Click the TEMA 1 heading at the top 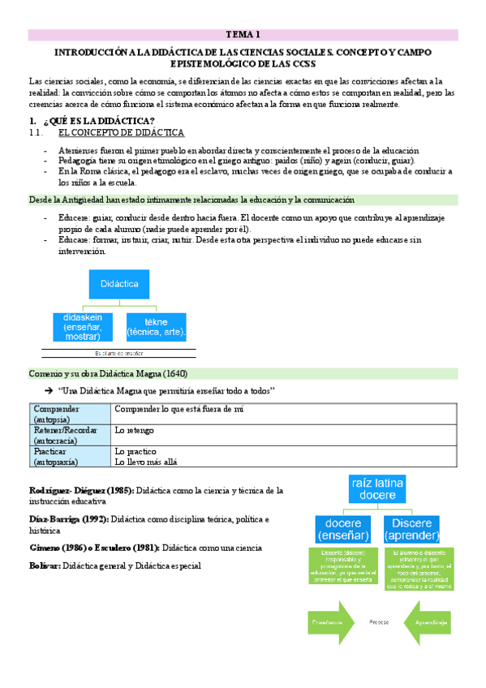tap(243, 35)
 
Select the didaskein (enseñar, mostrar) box tap(83, 326)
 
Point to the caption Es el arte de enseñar tap(119, 353)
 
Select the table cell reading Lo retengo tap(135, 430)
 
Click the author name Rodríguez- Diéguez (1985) tap(81, 491)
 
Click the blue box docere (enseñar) tap(342, 530)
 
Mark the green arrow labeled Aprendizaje tap(428, 621)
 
